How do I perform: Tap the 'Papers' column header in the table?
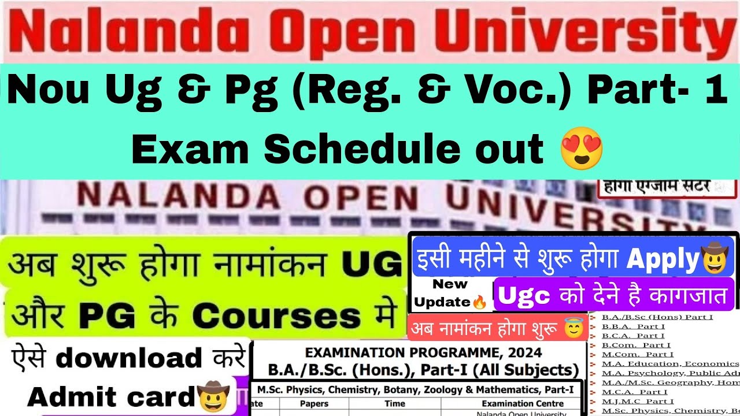point(314,404)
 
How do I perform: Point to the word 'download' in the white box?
point(128,359)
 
